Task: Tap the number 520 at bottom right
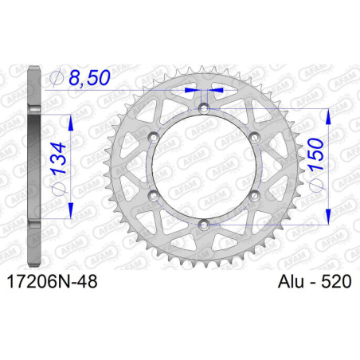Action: coord(333,282)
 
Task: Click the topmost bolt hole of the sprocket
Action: coord(203,108)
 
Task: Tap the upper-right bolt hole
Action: coord(255,138)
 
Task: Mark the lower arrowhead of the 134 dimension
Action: coord(72,217)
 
